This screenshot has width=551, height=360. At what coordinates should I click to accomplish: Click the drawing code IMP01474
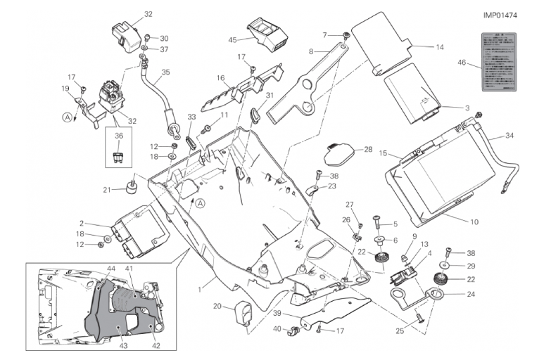click(x=500, y=14)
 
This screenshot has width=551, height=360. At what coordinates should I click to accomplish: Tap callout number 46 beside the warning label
click(x=462, y=63)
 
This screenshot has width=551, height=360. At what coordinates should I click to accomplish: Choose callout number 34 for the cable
click(x=509, y=136)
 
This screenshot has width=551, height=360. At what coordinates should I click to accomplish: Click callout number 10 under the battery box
click(x=474, y=222)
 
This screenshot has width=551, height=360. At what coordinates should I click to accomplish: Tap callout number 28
click(x=368, y=149)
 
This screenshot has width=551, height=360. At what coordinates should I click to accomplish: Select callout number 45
click(x=233, y=39)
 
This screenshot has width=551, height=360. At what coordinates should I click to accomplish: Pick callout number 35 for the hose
click(x=165, y=72)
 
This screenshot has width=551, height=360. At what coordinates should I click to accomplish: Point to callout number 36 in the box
click(x=118, y=136)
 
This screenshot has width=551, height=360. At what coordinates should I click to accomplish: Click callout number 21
click(x=107, y=189)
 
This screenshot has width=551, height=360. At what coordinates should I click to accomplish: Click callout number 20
click(x=217, y=306)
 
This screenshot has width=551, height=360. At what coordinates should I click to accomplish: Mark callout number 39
click(x=277, y=313)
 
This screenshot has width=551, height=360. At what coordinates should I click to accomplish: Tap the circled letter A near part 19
click(x=66, y=117)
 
